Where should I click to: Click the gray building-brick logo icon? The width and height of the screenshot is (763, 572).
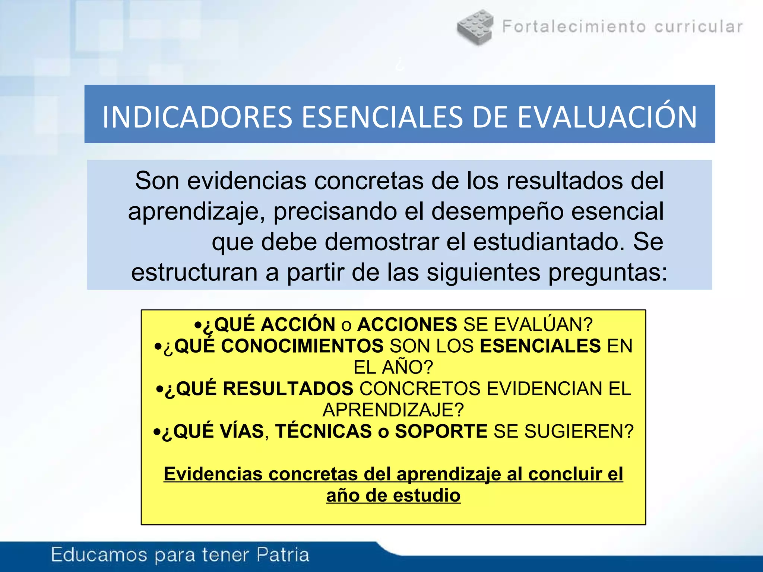click(x=475, y=27)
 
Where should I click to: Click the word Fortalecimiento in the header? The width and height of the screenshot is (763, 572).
click(x=574, y=27)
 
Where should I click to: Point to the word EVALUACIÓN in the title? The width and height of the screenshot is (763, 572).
click(x=607, y=117)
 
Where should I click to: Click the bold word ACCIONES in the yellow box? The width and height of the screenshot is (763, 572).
click(x=407, y=324)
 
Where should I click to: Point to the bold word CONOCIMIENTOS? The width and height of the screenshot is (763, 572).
click(x=302, y=346)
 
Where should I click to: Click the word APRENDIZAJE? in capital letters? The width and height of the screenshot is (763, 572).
click(x=393, y=410)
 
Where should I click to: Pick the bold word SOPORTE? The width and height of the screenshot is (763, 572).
click(x=441, y=432)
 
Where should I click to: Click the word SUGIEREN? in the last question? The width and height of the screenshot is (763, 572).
click(x=579, y=432)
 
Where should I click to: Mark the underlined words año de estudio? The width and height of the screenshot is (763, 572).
click(x=393, y=496)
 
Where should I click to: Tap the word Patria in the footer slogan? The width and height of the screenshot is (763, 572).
click(x=283, y=555)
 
